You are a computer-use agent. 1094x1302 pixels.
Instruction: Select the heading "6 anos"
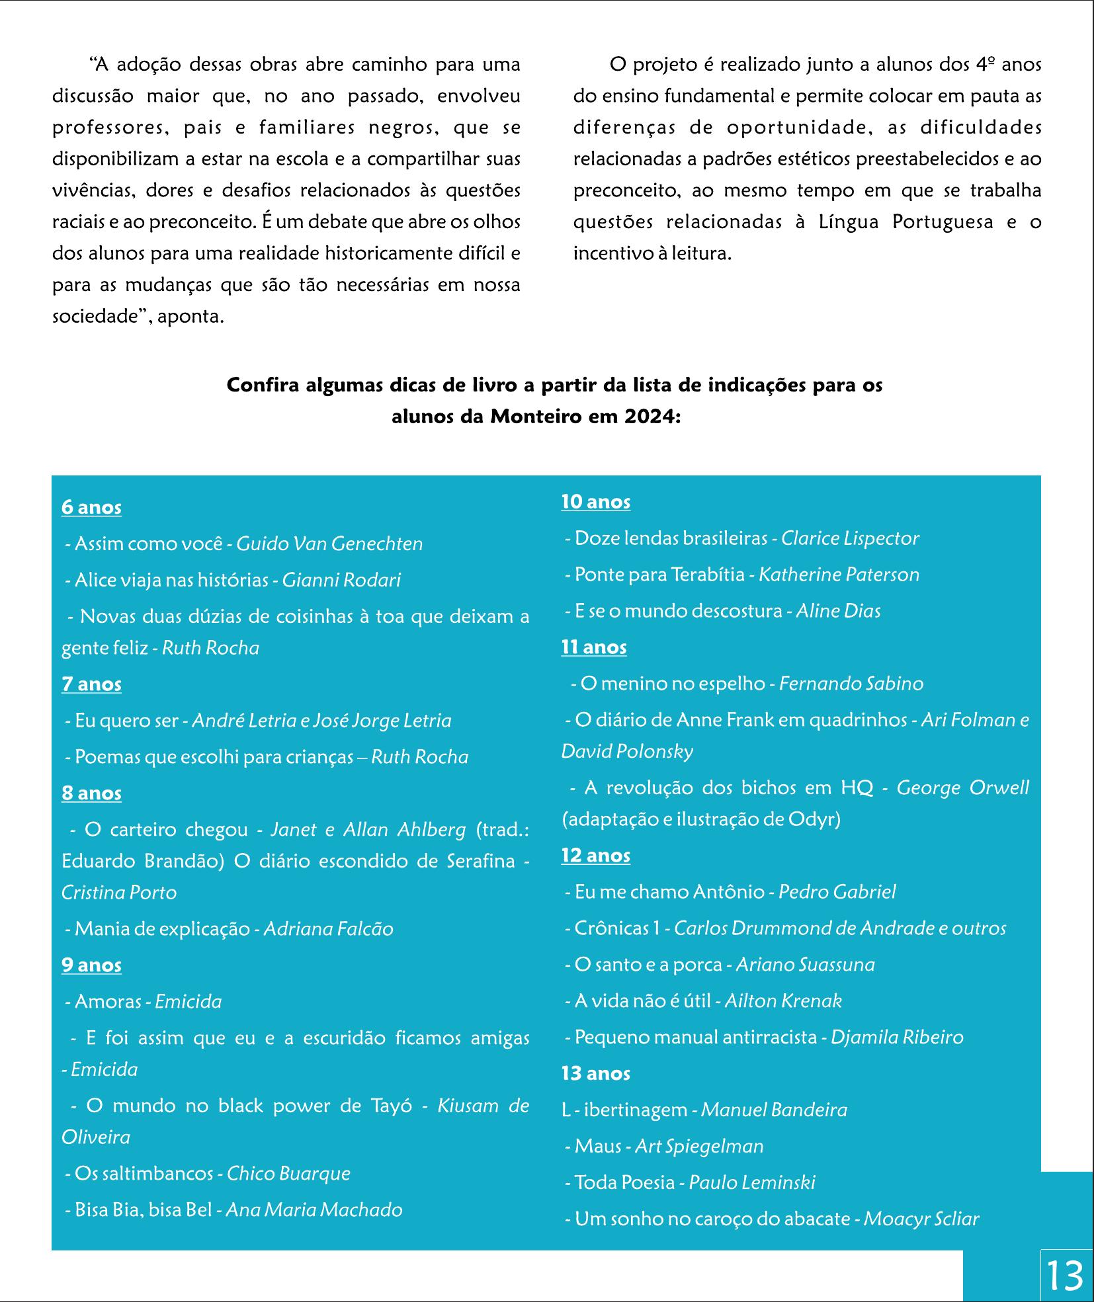click(91, 507)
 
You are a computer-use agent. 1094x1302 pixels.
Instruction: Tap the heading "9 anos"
click(91, 965)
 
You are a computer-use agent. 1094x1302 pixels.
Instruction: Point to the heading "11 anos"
click(593, 647)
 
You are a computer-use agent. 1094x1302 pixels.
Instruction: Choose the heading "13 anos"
click(595, 1073)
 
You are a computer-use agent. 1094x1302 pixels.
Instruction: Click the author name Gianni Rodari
click(341, 580)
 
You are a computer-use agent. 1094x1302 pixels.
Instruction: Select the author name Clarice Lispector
click(850, 538)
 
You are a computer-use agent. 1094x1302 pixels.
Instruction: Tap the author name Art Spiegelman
click(698, 1146)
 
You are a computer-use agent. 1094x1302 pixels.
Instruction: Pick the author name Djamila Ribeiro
click(896, 1037)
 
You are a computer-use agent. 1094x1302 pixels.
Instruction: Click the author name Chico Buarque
click(288, 1173)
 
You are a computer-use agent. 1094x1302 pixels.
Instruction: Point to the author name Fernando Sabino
click(851, 683)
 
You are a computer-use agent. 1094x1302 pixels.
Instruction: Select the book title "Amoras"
click(108, 1001)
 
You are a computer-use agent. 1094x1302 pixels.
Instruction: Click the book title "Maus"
click(598, 1146)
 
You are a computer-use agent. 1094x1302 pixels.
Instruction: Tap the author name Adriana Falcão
click(328, 928)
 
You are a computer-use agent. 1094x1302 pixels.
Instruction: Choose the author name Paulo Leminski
click(752, 1182)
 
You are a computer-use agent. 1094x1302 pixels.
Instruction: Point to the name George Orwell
click(962, 788)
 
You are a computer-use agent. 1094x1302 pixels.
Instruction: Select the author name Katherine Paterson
click(839, 574)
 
